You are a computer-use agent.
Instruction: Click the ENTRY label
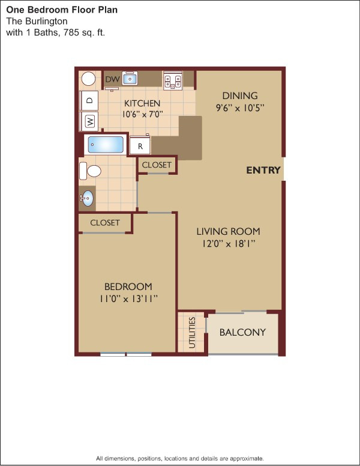click(x=263, y=170)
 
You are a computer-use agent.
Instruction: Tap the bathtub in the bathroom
click(x=106, y=145)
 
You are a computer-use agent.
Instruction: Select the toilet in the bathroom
click(x=90, y=171)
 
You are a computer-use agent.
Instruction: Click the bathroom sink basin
click(x=87, y=198)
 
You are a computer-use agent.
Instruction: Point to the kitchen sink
click(x=130, y=79)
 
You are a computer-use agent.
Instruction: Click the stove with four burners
click(x=173, y=80)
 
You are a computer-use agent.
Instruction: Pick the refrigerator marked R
click(x=140, y=145)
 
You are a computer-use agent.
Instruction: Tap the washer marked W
click(x=89, y=121)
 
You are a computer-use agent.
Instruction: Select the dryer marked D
click(x=89, y=100)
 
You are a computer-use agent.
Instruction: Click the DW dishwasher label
click(x=113, y=79)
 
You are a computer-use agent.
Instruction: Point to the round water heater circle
click(x=88, y=79)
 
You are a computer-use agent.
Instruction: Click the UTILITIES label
click(x=192, y=333)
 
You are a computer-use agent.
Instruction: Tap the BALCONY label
click(x=242, y=332)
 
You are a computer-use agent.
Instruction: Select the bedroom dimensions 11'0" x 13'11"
click(x=128, y=298)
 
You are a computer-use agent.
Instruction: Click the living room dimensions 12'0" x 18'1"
click(x=229, y=244)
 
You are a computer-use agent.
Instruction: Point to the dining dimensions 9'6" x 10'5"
click(x=240, y=107)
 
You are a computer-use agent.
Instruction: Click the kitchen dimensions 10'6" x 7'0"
click(x=143, y=114)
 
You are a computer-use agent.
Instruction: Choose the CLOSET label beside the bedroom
click(x=105, y=223)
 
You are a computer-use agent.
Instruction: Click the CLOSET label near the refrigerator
click(x=157, y=165)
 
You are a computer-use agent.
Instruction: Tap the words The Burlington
click(x=37, y=21)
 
